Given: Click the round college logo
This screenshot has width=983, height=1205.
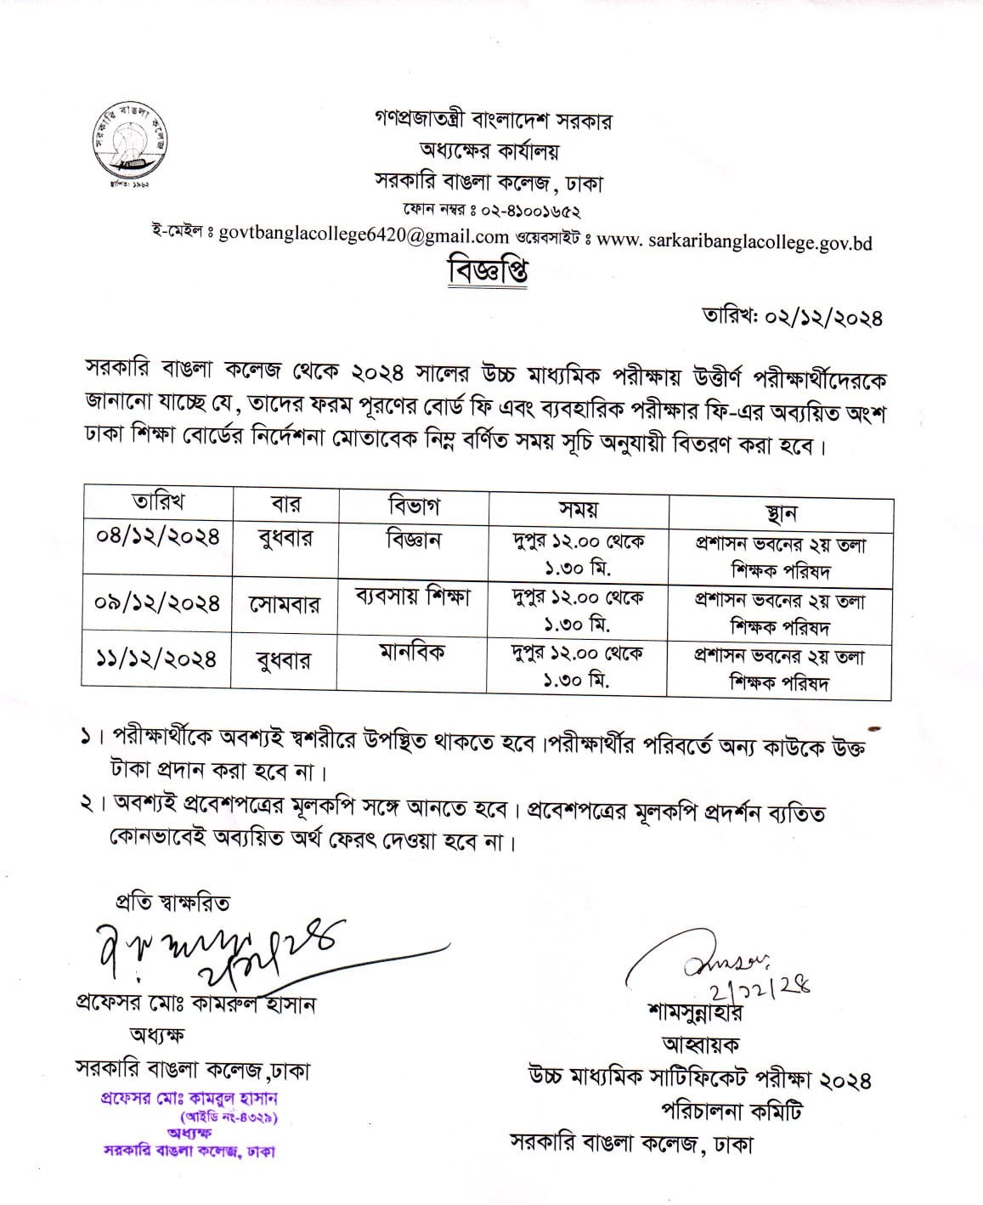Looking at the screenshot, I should click(130, 139).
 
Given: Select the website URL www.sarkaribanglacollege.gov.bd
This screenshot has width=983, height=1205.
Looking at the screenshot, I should click(735, 242).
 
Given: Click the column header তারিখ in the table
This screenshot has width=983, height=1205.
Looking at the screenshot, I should click(159, 501).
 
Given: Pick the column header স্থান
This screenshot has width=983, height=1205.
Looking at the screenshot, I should click(780, 513).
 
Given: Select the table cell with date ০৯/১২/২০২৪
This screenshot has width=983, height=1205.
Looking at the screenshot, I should click(157, 602).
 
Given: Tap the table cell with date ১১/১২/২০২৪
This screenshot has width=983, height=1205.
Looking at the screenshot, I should click(157, 659).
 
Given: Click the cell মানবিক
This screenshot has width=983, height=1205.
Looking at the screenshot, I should click(412, 652).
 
